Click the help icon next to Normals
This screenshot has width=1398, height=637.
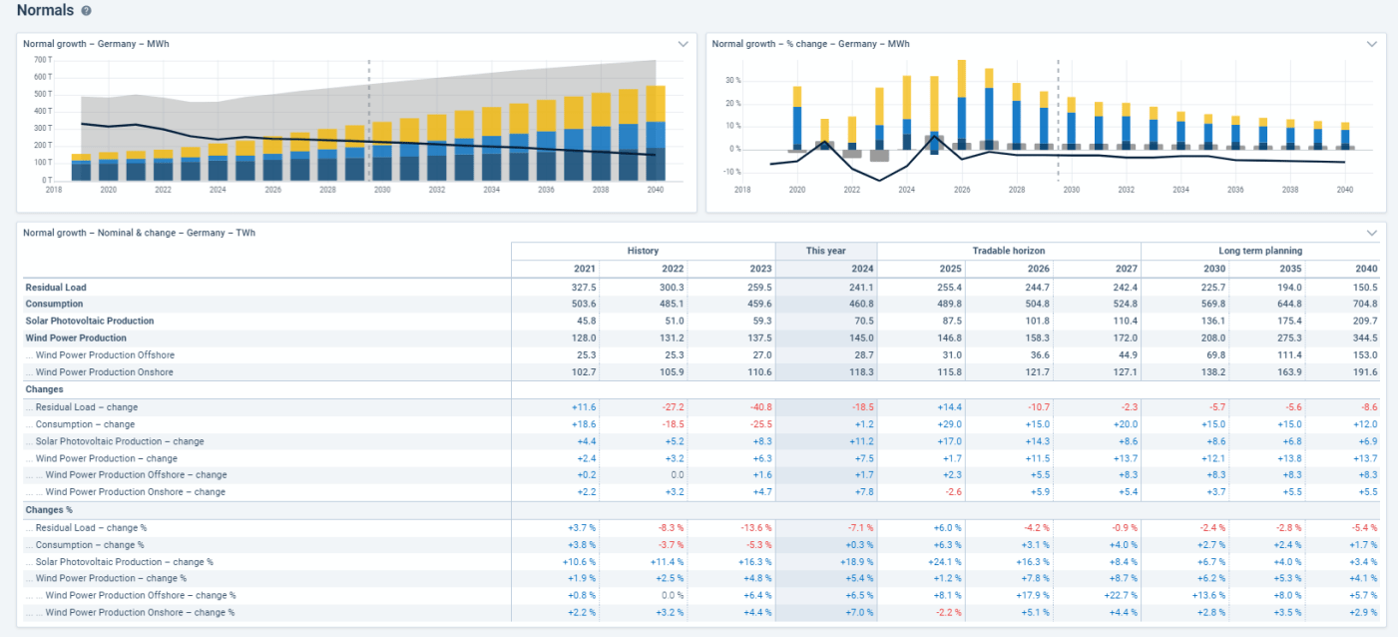tap(86, 11)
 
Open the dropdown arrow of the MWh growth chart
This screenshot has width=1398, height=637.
tap(684, 44)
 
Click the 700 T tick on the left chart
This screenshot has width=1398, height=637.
tap(43, 60)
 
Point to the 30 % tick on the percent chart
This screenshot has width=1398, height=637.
tap(733, 81)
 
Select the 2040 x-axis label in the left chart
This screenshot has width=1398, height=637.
tap(656, 190)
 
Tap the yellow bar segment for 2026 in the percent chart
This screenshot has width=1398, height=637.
tap(962, 79)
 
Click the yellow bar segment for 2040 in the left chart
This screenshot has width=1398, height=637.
tap(656, 104)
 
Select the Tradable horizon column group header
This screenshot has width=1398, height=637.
tap(1009, 251)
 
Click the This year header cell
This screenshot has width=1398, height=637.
tap(825, 251)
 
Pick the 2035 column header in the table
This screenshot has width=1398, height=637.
tap(1290, 269)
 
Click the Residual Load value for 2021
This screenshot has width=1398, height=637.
tap(584, 288)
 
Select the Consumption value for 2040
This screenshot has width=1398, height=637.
tap(1365, 305)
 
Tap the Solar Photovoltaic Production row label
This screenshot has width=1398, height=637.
tap(89, 321)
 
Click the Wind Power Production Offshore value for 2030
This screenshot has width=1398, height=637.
tap(1213, 355)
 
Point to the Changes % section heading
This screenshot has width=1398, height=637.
tap(49, 510)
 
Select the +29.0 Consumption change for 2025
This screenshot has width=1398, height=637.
tap(949, 424)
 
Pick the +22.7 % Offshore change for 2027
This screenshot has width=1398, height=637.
tap(1121, 596)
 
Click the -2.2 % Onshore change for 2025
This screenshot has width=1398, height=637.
tap(949, 613)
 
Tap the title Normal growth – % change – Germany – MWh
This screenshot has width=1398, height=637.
tap(810, 44)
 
